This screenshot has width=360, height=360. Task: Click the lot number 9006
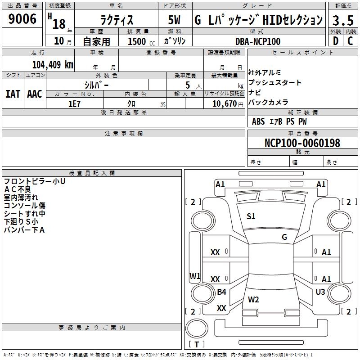[22, 18]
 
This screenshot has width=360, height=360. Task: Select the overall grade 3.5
[343, 20]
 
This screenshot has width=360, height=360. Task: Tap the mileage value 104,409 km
[53, 65]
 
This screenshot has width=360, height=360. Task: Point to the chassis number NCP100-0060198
[302, 143]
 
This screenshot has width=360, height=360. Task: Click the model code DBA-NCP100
[258, 41]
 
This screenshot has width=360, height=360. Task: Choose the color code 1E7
[74, 104]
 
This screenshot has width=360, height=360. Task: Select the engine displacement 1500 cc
[141, 41]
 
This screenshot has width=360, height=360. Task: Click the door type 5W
[174, 20]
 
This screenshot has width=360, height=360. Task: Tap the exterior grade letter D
[336, 41]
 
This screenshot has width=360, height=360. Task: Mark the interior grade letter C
[350, 41]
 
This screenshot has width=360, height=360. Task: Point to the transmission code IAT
[13, 94]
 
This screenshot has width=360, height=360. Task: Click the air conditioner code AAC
[35, 94]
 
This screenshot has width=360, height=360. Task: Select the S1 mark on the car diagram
[251, 216]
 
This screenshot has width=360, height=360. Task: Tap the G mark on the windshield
[284, 237]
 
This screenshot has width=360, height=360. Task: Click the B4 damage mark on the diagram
[221, 292]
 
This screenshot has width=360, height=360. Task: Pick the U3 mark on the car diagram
[320, 292]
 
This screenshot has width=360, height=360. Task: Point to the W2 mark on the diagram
[253, 299]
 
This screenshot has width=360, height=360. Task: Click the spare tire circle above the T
[197, 328]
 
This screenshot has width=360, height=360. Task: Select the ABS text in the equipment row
[258, 121]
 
